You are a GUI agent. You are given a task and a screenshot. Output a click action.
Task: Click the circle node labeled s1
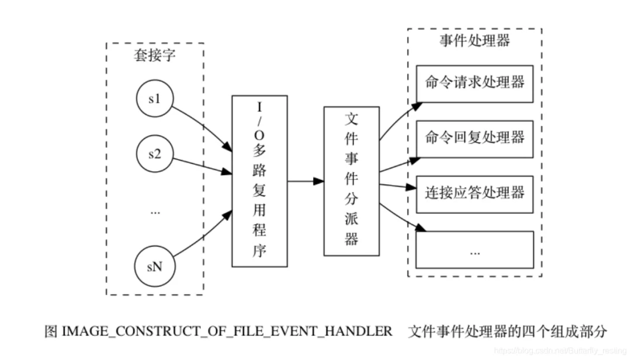click(x=154, y=99)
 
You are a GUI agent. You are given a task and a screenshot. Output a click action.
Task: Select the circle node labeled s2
click(x=154, y=154)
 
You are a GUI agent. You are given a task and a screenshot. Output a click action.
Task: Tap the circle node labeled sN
click(x=154, y=266)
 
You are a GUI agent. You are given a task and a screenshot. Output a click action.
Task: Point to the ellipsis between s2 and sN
click(x=155, y=212)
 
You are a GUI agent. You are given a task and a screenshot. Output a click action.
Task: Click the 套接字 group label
click(x=154, y=56)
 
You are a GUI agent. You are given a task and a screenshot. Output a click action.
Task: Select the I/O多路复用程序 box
click(x=259, y=181)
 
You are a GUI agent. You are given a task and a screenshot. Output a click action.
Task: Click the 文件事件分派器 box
click(x=351, y=181)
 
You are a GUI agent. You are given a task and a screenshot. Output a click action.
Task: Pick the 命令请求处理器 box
click(x=474, y=82)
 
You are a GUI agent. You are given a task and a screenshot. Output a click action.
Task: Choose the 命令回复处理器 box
click(x=474, y=138)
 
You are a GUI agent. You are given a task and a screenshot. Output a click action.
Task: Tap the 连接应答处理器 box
click(x=474, y=193)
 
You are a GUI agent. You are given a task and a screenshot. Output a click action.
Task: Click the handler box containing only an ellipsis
click(x=474, y=250)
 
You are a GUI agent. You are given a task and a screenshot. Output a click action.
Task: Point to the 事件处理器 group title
click(x=474, y=41)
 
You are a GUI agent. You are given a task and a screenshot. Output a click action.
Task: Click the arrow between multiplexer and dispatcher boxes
click(x=306, y=181)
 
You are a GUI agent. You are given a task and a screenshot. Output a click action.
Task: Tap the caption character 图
click(x=51, y=331)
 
